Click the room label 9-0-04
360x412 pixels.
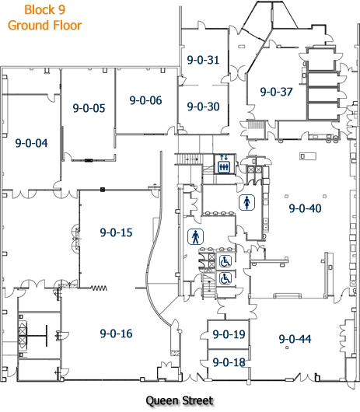tap(32, 143)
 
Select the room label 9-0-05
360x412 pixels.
tap(89, 108)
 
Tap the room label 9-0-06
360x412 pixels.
tap(146, 100)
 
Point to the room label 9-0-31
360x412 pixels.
tap(203, 60)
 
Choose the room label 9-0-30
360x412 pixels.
tap(203, 106)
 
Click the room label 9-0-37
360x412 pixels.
tap(277, 92)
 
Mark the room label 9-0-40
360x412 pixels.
tap(305, 208)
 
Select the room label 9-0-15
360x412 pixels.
tap(116, 232)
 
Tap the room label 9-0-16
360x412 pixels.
tap(116, 333)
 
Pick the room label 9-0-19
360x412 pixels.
tap(229, 334)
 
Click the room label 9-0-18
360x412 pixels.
tap(229, 362)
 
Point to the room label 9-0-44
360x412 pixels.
tap(295, 339)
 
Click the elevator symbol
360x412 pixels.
tap(224, 164)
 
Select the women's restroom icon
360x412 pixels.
tap(246, 202)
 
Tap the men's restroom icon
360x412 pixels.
tap(195, 237)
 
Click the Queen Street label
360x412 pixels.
tap(180, 400)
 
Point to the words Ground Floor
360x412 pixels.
tap(44, 26)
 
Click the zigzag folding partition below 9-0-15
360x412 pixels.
tap(99, 288)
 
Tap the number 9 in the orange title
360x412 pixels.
tap(61, 10)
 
